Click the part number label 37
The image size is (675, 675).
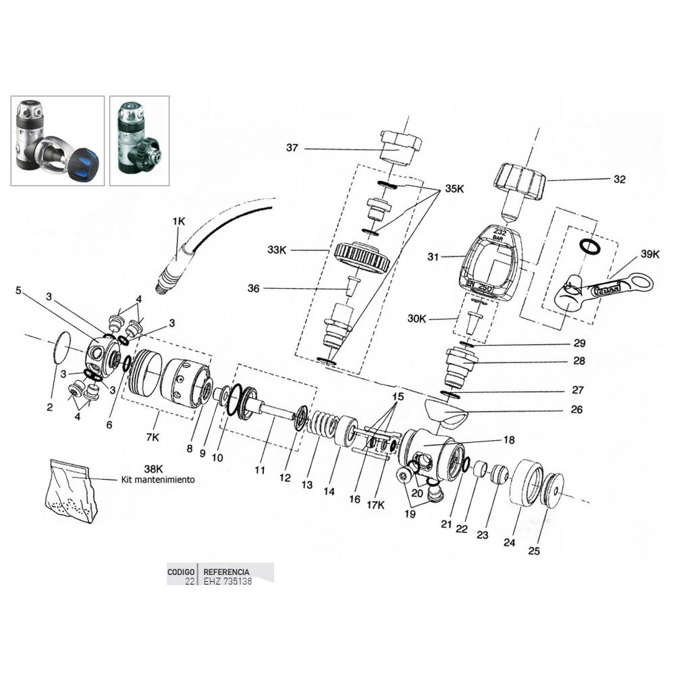(x=292, y=148)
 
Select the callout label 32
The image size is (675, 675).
(x=620, y=180)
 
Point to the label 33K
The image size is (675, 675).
(x=277, y=250)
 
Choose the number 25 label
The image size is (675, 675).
(x=534, y=551)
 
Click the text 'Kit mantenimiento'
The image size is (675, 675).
(x=159, y=480)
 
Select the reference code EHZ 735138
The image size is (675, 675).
(x=227, y=580)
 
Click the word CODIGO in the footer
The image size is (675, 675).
(x=181, y=571)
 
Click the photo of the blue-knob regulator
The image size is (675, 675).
(x=57, y=140)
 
